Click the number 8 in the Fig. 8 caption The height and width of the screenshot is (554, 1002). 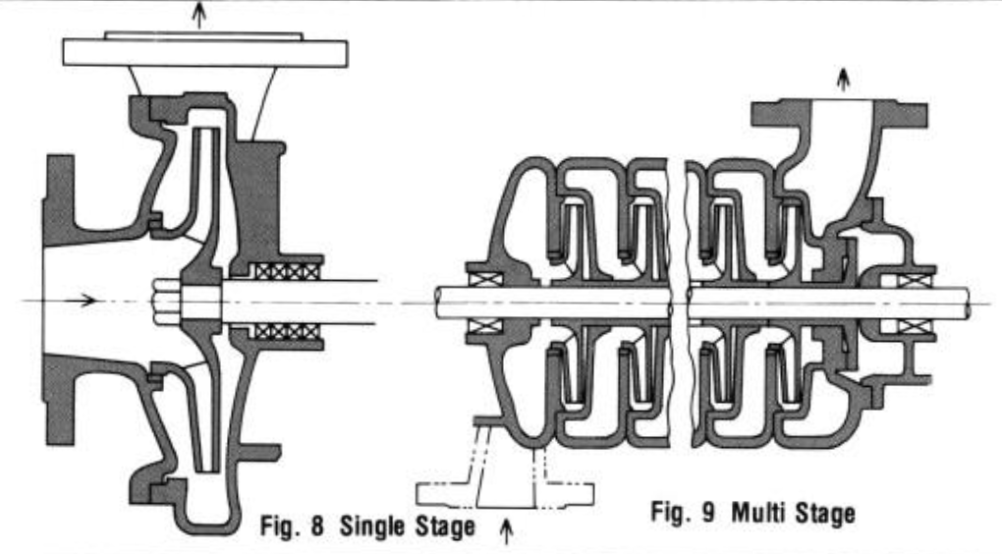(x=317, y=526)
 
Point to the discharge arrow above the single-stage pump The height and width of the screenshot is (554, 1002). (x=200, y=16)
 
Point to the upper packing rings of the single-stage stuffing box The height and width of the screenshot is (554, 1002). (x=287, y=271)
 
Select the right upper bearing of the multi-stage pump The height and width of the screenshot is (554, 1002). (x=915, y=281)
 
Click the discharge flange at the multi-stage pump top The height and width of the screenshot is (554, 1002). (x=839, y=113)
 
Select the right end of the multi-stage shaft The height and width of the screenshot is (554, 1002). (x=969, y=303)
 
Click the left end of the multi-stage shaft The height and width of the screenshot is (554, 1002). (x=437, y=303)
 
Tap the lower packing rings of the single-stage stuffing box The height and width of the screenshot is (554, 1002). (x=287, y=332)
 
